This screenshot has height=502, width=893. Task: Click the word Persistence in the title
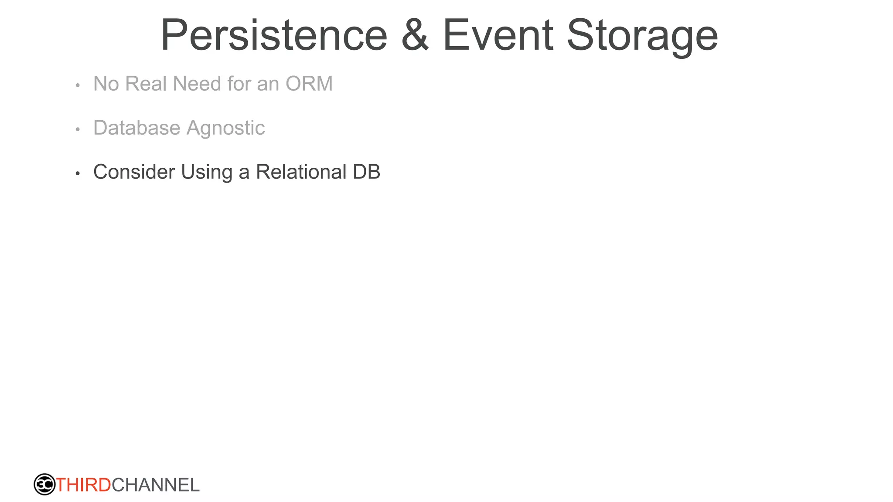[x=274, y=36]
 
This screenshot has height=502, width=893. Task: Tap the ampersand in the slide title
[x=415, y=36]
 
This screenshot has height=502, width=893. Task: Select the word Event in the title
[x=498, y=36]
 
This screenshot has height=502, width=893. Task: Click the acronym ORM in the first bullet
[x=309, y=84]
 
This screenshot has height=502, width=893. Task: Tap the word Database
[x=137, y=128]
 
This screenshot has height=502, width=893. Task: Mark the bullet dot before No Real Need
[x=78, y=85]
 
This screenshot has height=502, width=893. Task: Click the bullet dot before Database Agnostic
[x=78, y=129]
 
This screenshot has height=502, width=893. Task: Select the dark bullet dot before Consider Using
[x=78, y=173]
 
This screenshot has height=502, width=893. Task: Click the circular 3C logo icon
[x=44, y=485]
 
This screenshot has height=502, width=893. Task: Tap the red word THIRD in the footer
[x=84, y=485]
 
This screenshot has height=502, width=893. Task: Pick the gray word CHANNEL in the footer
[x=156, y=485]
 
